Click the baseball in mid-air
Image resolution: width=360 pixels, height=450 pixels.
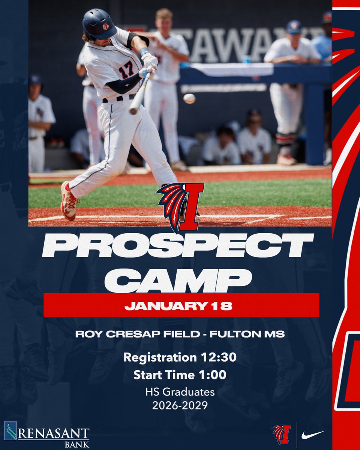(189, 99)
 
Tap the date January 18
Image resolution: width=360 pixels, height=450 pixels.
(178, 306)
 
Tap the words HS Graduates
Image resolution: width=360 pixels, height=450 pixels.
(180, 392)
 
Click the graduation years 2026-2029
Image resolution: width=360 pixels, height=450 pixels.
(180, 406)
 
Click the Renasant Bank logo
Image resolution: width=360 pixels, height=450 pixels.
(46, 436)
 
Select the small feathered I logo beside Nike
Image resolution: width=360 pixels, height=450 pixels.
(281, 434)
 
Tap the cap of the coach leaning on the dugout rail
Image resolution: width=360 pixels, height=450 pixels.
(294, 26)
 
